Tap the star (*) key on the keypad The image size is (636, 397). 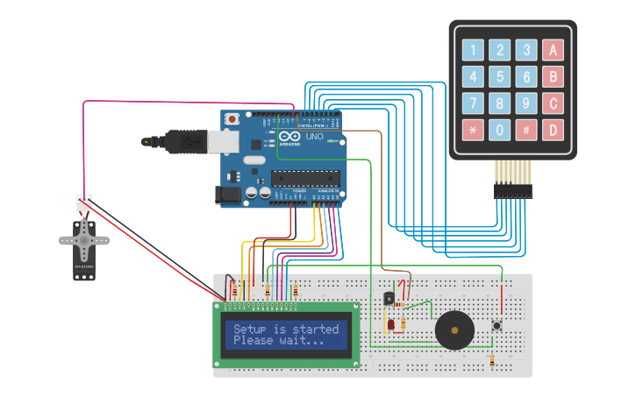[x=474, y=131]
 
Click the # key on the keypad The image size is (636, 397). [x=526, y=131]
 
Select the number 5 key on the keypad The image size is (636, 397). [x=500, y=77]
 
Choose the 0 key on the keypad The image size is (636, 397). [x=500, y=131]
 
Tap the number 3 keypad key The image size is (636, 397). [x=526, y=50]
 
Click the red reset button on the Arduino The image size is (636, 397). [x=232, y=118]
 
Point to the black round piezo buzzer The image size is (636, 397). [x=454, y=332]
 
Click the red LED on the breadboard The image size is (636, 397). [x=390, y=325]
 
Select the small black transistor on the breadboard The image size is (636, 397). [x=389, y=298]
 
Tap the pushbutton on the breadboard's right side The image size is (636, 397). [x=497, y=326]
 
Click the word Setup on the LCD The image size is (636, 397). [x=249, y=330]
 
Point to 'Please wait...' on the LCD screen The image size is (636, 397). [x=278, y=341]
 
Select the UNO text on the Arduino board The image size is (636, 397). [x=314, y=137]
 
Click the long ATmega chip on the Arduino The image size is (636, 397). [x=304, y=178]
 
